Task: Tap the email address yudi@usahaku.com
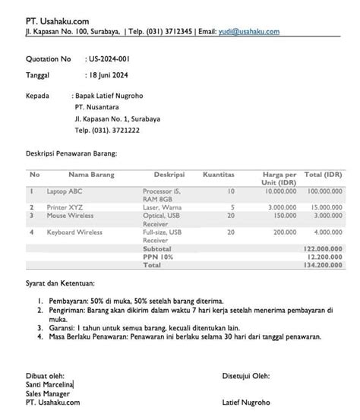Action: pos(248,32)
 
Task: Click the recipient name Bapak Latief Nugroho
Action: pos(109,96)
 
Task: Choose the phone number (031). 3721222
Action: pos(107,131)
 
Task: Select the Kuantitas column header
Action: pos(219,175)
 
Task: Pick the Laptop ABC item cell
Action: pos(65,191)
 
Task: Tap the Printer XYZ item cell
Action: pos(65,207)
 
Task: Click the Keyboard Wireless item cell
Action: pos(74,232)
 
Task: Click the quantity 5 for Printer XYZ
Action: pos(232,207)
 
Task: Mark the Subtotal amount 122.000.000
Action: pos(324,248)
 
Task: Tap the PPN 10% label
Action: pos(158,257)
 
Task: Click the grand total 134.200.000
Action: pos(324,266)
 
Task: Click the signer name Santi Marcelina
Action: pos(49,385)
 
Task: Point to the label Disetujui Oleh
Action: pos(246,376)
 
